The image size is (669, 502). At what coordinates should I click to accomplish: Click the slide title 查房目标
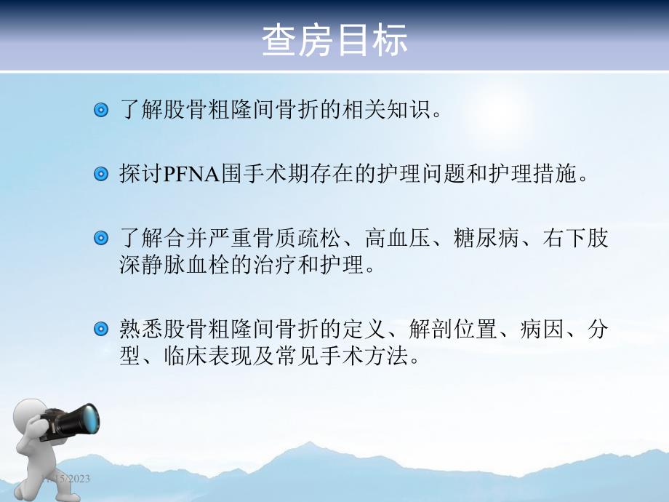[334, 41]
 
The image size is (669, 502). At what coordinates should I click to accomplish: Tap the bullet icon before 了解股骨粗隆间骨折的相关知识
[102, 111]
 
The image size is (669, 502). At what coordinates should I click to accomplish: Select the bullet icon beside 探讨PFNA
[102, 175]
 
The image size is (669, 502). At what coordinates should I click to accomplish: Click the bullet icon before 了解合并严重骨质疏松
[102, 239]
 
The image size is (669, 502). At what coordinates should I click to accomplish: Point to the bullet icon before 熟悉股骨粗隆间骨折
[102, 330]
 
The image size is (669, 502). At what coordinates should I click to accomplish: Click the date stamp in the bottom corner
[65, 479]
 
